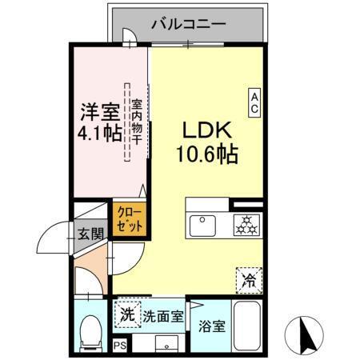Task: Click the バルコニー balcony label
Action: click(x=189, y=24)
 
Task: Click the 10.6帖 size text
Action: click(x=206, y=154)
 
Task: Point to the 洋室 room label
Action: click(x=98, y=110)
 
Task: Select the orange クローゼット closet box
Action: click(x=129, y=218)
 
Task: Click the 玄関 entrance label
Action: click(x=90, y=234)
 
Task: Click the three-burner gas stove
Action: click(x=246, y=225)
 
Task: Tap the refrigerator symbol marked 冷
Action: click(x=250, y=280)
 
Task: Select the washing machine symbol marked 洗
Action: click(x=126, y=314)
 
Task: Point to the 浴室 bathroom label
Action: click(x=212, y=326)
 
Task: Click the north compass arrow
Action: click(x=305, y=332)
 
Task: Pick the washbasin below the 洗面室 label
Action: click(x=169, y=344)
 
